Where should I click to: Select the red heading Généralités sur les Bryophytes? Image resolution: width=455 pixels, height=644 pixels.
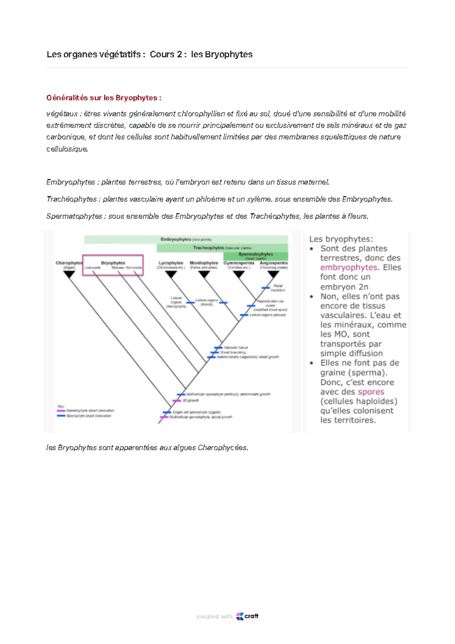click(104, 98)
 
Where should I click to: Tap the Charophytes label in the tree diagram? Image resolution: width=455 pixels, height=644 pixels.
click(69, 263)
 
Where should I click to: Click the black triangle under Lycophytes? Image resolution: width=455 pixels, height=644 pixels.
click(171, 274)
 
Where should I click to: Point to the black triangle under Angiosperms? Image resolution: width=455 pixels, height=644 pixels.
click(273, 274)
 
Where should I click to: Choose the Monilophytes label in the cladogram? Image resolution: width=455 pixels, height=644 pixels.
click(204, 263)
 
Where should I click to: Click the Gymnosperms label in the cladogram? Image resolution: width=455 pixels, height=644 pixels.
click(239, 263)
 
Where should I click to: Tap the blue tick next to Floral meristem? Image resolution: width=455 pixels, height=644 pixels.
click(265, 288)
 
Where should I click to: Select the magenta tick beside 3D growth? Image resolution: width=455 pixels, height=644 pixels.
click(177, 401)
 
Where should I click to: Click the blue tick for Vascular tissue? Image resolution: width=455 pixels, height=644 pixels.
click(218, 347)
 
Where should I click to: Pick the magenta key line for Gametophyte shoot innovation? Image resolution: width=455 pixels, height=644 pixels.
click(61, 410)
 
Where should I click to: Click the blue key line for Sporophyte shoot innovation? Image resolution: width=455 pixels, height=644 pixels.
click(61, 416)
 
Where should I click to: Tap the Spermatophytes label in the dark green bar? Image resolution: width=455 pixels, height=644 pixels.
click(256, 254)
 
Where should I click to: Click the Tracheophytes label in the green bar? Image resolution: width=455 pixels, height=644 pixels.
click(209, 248)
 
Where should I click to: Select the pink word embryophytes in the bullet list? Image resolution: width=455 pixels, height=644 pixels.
click(348, 267)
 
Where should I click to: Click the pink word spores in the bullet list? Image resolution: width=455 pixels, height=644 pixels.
click(371, 392)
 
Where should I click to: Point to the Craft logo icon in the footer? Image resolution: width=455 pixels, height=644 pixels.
click(240, 616)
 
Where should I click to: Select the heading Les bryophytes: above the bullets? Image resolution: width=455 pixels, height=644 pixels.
click(341, 239)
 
